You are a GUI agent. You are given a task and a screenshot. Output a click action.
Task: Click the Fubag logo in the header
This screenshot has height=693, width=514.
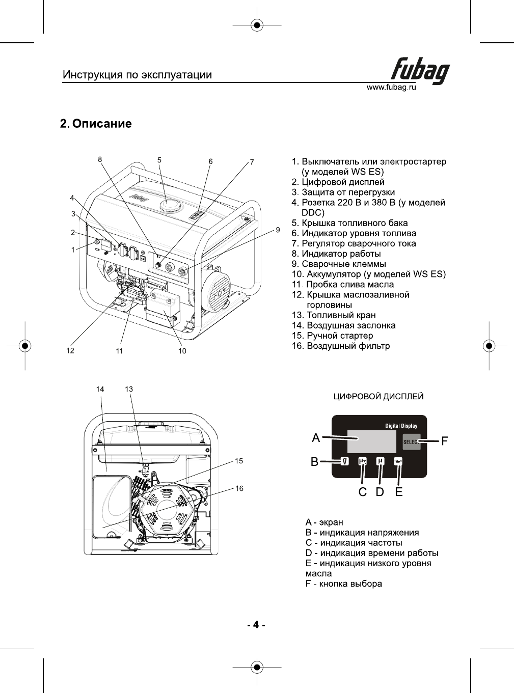click(x=421, y=70)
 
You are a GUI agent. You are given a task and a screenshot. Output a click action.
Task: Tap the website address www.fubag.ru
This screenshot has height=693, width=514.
click(x=391, y=87)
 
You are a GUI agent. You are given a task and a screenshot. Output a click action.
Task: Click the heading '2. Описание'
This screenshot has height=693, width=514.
click(x=96, y=124)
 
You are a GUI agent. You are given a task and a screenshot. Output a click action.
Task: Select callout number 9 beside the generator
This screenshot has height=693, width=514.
click(x=278, y=230)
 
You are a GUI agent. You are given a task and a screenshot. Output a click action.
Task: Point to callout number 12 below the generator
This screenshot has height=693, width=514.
click(x=70, y=350)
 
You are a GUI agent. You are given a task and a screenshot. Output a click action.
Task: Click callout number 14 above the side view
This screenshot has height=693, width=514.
click(x=100, y=389)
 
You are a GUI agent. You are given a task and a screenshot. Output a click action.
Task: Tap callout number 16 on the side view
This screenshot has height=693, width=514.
click(x=239, y=488)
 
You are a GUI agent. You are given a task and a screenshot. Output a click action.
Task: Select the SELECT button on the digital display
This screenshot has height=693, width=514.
click(x=411, y=441)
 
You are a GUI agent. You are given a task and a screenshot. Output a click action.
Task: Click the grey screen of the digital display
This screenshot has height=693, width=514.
click(x=371, y=441)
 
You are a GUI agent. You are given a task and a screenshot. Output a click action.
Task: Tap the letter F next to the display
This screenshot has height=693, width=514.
click(x=445, y=441)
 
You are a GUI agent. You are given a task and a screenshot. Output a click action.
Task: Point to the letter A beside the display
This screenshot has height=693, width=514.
click(x=316, y=438)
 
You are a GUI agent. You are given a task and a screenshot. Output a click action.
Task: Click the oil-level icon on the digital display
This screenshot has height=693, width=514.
click(x=398, y=461)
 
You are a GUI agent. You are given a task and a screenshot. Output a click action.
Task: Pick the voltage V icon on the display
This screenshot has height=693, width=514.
click(x=345, y=461)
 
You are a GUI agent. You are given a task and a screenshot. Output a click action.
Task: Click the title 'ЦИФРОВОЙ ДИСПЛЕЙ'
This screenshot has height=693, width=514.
click(x=378, y=397)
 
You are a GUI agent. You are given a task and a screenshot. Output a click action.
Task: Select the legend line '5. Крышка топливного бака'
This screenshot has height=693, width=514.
click(x=349, y=223)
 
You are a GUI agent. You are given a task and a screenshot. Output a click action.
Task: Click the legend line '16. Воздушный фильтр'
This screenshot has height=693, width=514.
click(x=340, y=346)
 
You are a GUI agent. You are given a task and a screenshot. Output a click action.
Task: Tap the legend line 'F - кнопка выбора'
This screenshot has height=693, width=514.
click(x=343, y=584)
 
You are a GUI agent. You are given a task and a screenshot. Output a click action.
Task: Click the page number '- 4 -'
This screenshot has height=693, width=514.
click(x=256, y=624)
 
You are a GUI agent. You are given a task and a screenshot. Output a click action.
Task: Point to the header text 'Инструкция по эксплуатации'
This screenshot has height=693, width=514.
click(x=137, y=75)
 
